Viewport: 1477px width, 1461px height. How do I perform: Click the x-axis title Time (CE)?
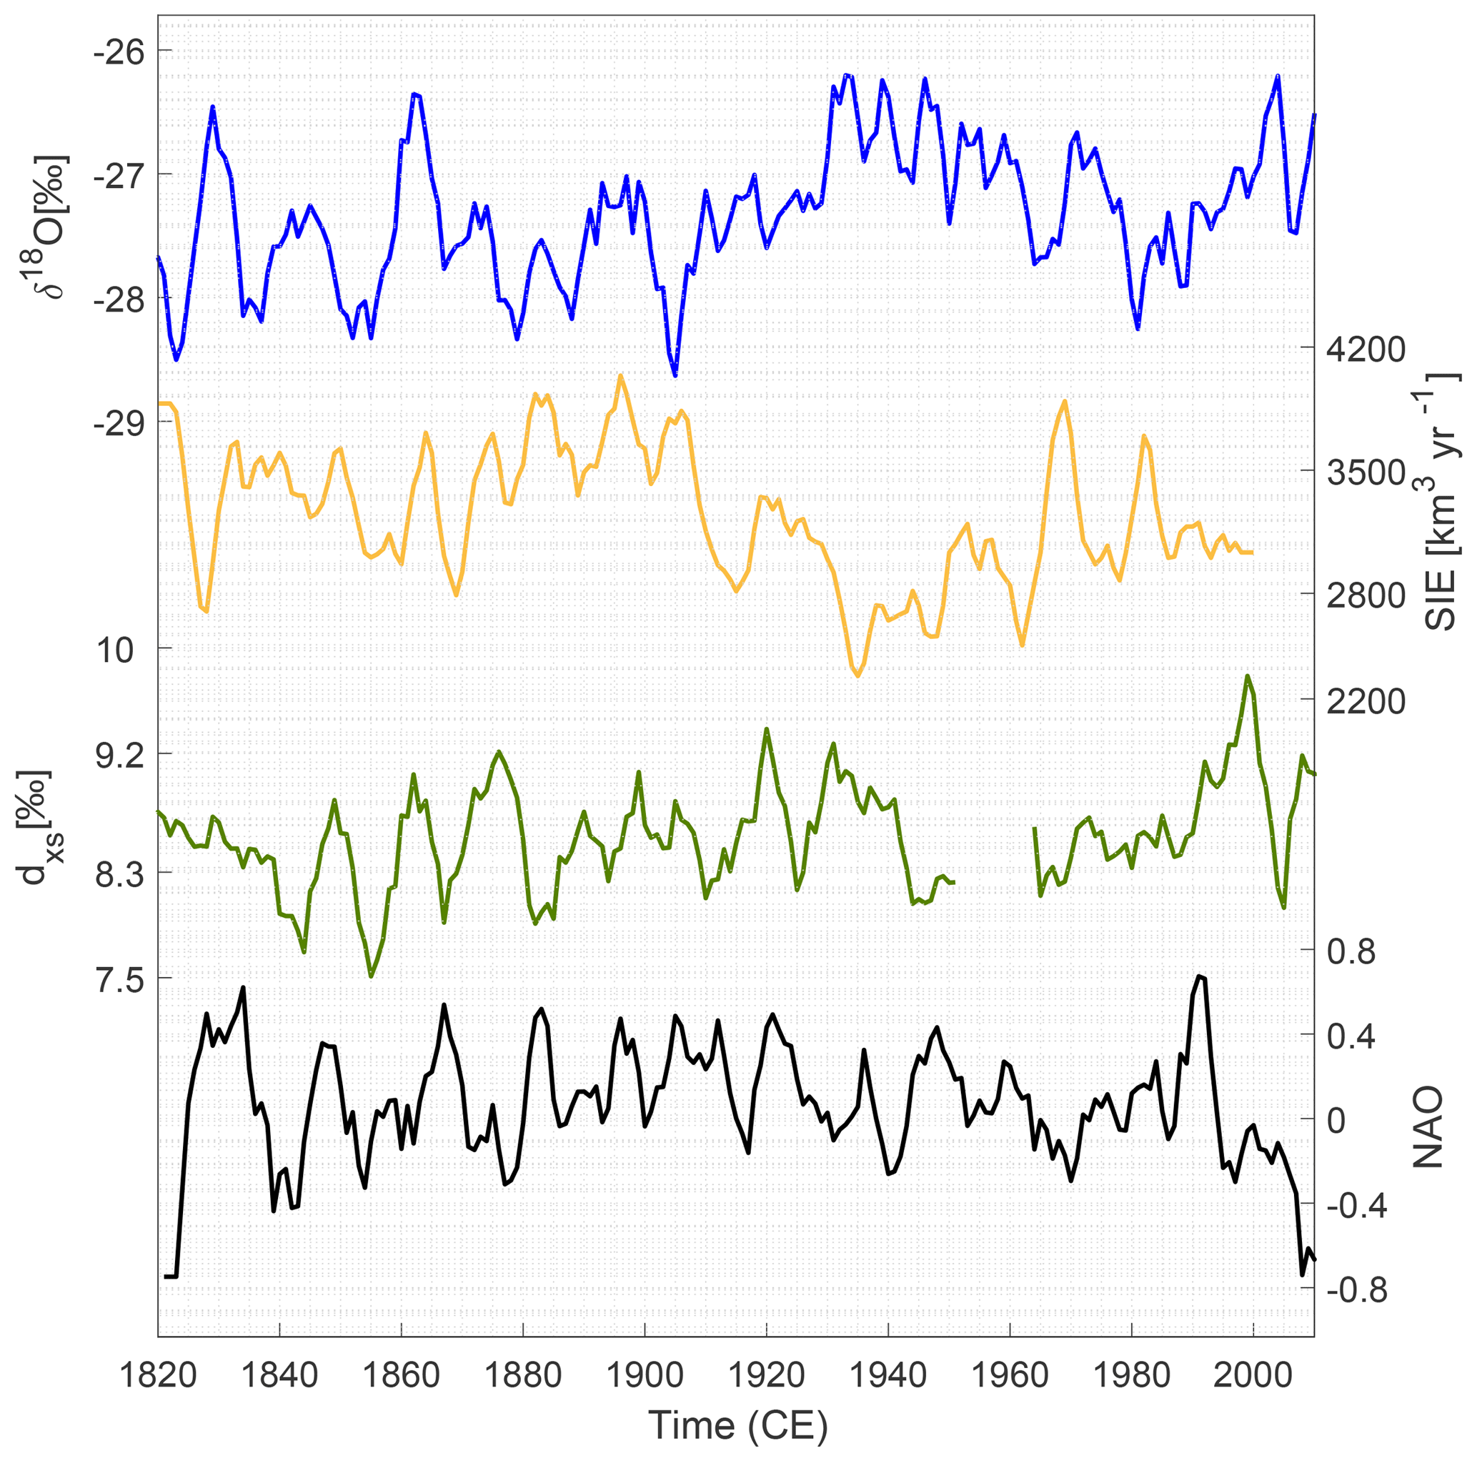(737, 1425)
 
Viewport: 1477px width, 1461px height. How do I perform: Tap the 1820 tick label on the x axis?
(158, 1376)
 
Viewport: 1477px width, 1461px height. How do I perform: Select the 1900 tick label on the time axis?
(645, 1376)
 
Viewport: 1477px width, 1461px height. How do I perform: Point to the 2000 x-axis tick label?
(1254, 1376)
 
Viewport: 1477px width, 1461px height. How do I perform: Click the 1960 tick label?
(1010, 1376)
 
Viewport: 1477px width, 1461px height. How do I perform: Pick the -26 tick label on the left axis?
(119, 51)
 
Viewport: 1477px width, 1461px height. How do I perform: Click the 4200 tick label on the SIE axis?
(1366, 350)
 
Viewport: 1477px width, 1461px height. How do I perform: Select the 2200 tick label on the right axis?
(1366, 701)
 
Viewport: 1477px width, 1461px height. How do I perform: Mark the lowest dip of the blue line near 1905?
(675, 375)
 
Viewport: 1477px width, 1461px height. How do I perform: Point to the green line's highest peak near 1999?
(1248, 676)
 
